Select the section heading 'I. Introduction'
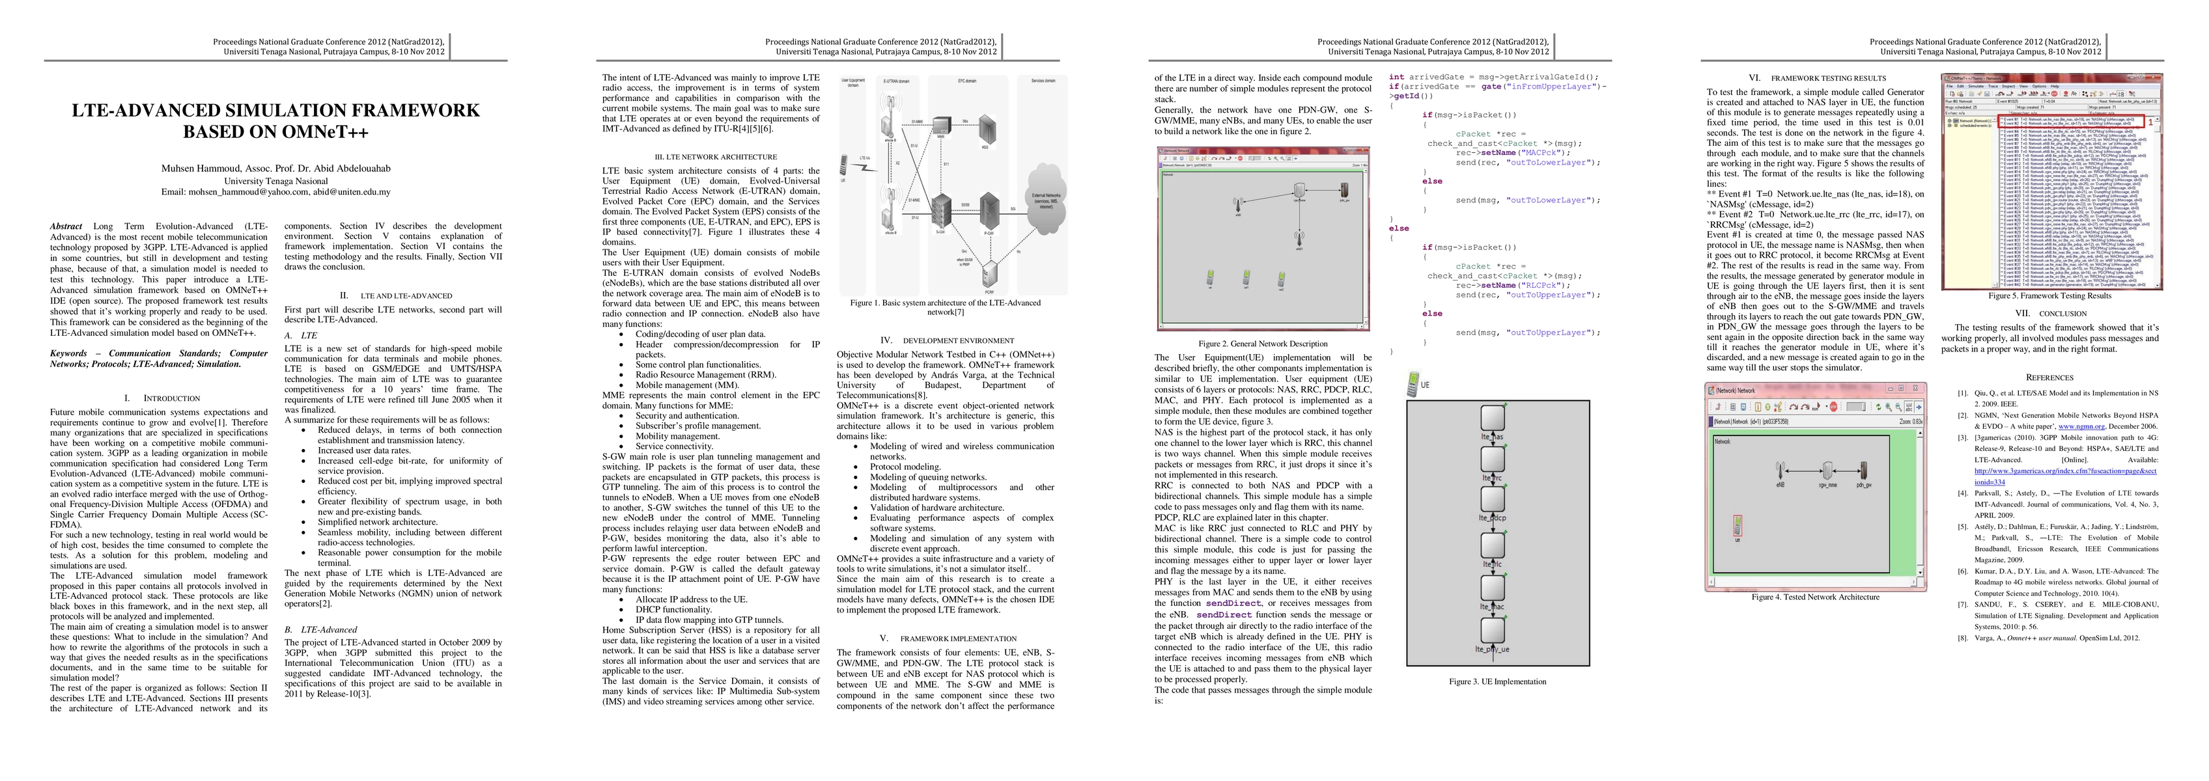click(162, 398)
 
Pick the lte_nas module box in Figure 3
click(1493, 418)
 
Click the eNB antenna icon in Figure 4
click(1780, 471)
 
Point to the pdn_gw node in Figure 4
click(1863, 471)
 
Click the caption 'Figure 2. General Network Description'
click(1262, 344)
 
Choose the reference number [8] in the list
click(1963, 638)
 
